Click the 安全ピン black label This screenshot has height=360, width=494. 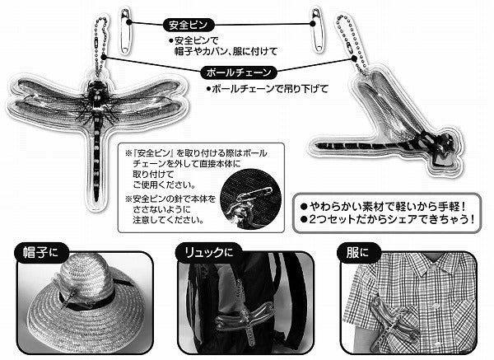click(x=189, y=25)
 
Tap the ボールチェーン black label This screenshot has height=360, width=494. click(x=239, y=72)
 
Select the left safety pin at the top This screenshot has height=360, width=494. click(x=125, y=31)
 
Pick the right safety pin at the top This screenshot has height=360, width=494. click(x=316, y=30)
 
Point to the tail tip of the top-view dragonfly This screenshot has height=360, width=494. click(x=96, y=199)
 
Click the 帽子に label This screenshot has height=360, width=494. click(x=41, y=253)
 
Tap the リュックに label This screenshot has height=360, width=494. click(x=208, y=253)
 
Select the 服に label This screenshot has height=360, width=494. click(x=357, y=253)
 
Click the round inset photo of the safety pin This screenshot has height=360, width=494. click(x=250, y=199)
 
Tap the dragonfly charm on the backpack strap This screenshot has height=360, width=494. click(x=245, y=316)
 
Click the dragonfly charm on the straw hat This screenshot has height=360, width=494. click(x=73, y=292)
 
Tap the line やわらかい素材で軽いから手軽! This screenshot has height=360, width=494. click(x=383, y=207)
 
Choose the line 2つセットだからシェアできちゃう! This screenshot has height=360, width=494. click(x=388, y=219)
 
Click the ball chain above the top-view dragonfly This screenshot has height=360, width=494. click(x=100, y=47)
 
